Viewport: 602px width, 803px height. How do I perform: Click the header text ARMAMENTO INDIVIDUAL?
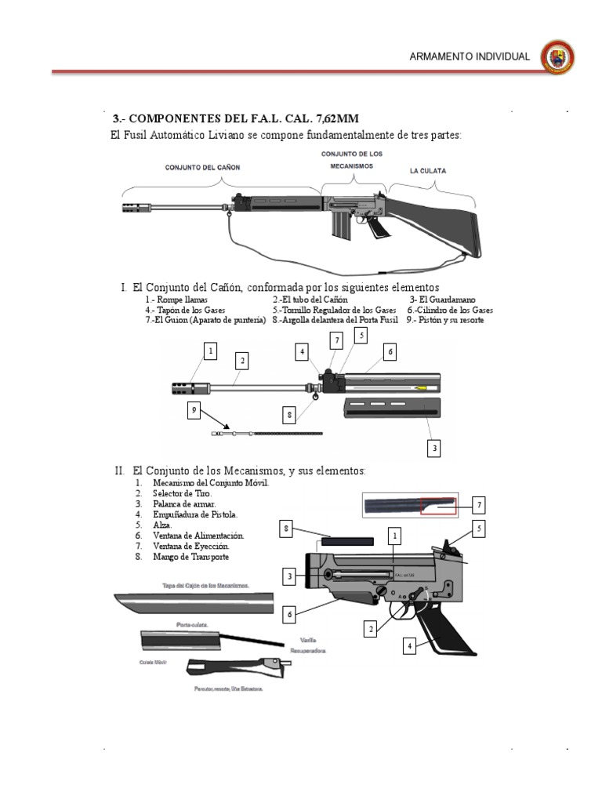point(470,57)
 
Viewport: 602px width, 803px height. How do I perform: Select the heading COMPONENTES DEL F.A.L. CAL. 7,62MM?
point(235,119)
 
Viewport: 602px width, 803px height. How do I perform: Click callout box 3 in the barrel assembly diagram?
point(433,449)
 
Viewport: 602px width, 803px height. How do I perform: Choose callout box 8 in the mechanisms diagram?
point(288,530)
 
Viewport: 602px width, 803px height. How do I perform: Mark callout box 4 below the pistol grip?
point(408,646)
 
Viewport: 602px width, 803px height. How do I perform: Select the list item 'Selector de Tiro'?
point(183,493)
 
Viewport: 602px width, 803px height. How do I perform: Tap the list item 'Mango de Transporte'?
point(191,557)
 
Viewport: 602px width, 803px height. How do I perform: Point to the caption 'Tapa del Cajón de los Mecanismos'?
point(205,586)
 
